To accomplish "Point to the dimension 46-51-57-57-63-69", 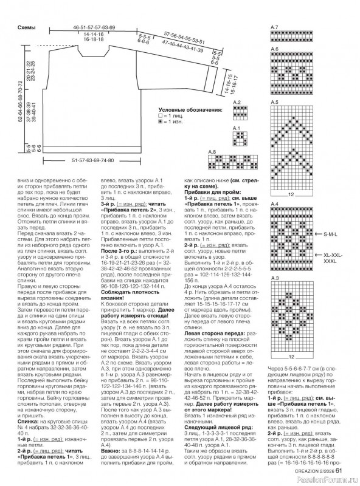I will pyautogui.click(x=94, y=29).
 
